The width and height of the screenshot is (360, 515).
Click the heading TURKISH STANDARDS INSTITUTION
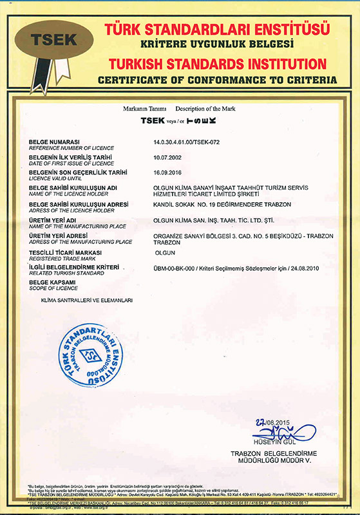coord(218,64)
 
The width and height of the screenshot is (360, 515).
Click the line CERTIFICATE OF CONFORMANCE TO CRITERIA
coord(218,80)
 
